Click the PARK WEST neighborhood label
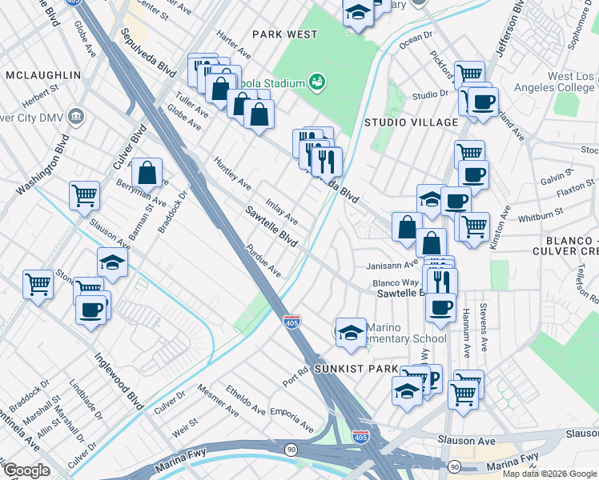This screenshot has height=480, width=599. (284, 34)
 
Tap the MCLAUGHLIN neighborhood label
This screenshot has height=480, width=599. (43, 75)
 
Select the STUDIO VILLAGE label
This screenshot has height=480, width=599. (412, 122)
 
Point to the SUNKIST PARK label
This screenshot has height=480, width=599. (356, 369)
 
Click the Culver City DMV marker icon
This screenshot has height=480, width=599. (77, 117)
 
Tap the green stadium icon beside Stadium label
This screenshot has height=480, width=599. (318, 82)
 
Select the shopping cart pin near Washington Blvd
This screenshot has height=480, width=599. (84, 195)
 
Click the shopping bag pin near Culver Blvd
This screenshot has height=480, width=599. (147, 171)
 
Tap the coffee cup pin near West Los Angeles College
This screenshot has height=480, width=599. (483, 102)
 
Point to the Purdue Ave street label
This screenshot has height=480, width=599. (263, 260)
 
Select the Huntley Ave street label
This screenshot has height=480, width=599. (231, 173)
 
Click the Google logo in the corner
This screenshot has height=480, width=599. (26, 470)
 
